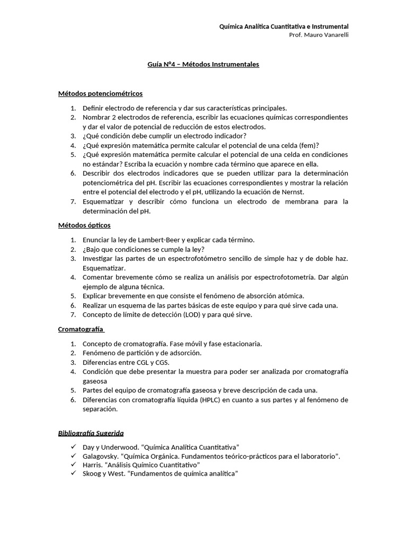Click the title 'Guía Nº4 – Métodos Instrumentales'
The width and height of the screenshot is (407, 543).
tap(203, 64)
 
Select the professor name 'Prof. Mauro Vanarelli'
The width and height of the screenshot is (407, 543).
tap(318, 35)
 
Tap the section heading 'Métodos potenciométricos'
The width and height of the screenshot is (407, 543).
tap(100, 93)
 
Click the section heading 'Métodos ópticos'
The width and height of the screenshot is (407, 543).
tap(84, 225)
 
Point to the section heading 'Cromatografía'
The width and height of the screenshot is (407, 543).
tap(81, 329)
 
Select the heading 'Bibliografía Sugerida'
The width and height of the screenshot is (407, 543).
tap(91, 433)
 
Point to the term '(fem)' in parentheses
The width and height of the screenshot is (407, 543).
tap(309, 145)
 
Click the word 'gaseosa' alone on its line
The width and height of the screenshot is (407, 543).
tap(95, 381)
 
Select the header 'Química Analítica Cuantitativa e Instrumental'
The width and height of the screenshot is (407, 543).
tap(284, 27)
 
